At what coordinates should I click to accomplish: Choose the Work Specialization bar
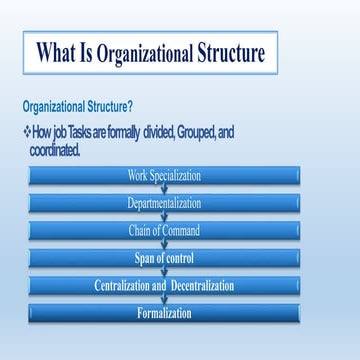tap(164, 177)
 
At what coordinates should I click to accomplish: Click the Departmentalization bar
tap(164, 204)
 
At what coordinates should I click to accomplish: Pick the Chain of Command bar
tap(164, 231)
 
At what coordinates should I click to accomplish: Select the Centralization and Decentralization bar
tap(164, 286)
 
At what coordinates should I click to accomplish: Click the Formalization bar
tap(164, 314)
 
